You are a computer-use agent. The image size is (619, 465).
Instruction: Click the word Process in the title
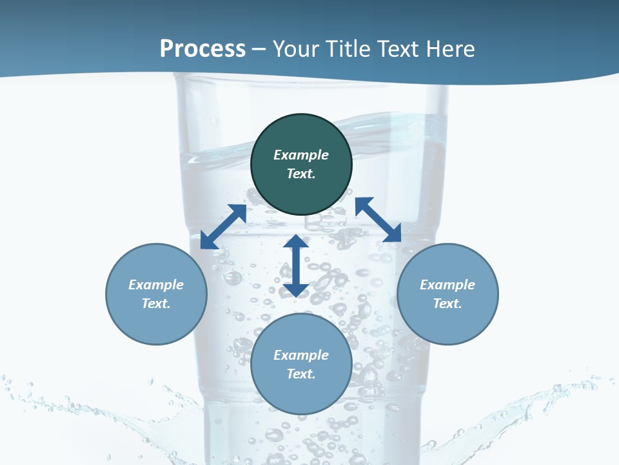(x=202, y=49)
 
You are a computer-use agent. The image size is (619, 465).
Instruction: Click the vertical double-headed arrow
(x=296, y=265)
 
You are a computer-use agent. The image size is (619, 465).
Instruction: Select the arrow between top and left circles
(x=223, y=227)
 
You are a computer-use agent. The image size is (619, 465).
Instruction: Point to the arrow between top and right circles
(x=378, y=220)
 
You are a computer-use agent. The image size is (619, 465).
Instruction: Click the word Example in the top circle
(x=301, y=155)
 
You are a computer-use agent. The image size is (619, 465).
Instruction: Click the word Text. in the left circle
(x=156, y=304)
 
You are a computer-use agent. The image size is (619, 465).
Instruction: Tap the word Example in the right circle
(x=447, y=285)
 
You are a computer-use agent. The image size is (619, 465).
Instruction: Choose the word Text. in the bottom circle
(x=301, y=374)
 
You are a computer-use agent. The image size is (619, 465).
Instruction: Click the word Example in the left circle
(x=156, y=285)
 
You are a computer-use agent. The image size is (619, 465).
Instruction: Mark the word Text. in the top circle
(x=301, y=174)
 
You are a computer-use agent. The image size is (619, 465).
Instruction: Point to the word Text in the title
(x=400, y=49)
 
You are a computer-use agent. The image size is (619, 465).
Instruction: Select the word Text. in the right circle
(x=447, y=304)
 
